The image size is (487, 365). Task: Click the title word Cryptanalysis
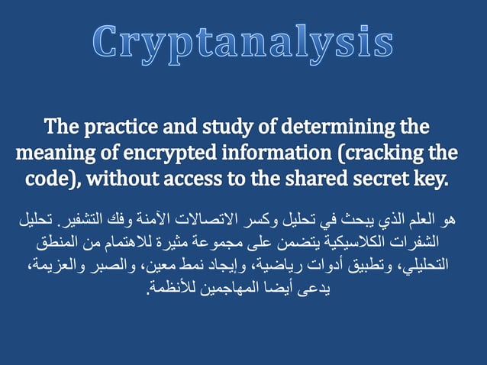point(243,43)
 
